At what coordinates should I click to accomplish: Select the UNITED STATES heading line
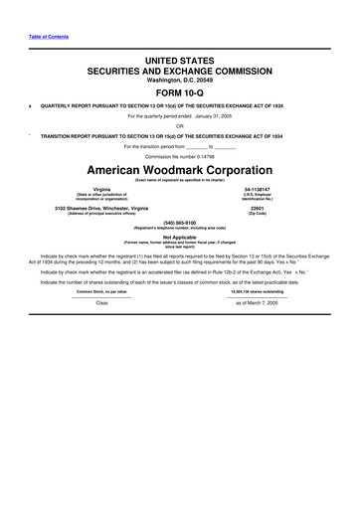[180, 62]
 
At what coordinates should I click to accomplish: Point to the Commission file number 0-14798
[180, 155]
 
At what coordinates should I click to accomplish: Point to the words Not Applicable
[180, 238]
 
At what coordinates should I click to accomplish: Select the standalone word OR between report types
[180, 125]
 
